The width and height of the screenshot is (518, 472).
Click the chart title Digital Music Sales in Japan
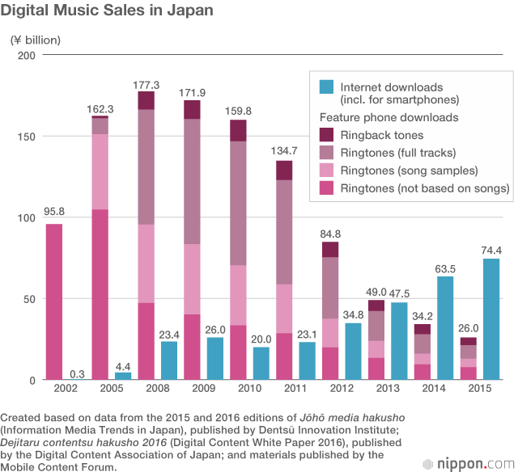click(108, 11)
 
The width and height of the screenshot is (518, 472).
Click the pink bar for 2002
click(54, 301)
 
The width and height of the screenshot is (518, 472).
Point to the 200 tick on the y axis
click(28, 55)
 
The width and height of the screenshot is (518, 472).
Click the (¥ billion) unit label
click(36, 39)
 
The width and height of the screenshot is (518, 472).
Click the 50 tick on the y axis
click(31, 299)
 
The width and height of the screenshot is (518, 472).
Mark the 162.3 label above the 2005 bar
click(100, 108)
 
